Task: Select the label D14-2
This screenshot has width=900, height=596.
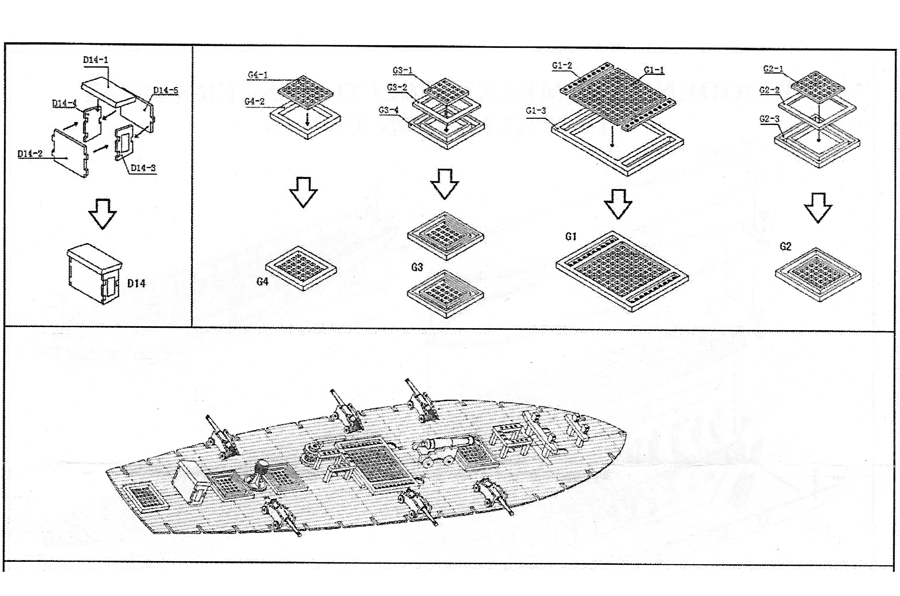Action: [x=30, y=154]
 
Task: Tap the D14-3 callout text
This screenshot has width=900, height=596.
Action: [x=143, y=168]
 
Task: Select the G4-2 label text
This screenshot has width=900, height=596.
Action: [x=254, y=101]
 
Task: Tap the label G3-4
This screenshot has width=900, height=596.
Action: [x=388, y=110]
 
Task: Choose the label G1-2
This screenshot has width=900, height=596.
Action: [x=562, y=65]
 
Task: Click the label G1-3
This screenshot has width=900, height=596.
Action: [x=536, y=111]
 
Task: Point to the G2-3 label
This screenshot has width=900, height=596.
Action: [x=769, y=119]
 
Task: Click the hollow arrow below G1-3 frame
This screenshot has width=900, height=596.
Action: [x=618, y=204]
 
